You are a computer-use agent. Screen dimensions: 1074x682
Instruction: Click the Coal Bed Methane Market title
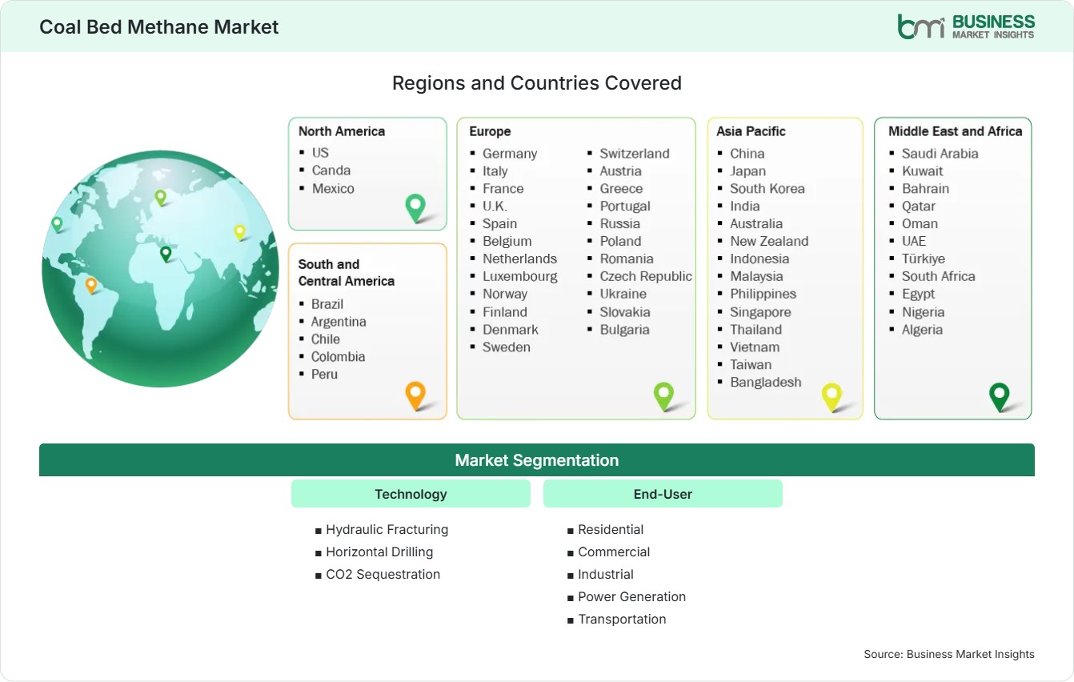[158, 27]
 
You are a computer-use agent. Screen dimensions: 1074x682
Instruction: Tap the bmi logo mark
[921, 26]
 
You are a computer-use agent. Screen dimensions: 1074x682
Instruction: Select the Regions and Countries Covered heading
[536, 83]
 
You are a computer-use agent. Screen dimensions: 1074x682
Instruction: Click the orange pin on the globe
[91, 285]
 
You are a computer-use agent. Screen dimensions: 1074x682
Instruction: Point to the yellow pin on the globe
[239, 232]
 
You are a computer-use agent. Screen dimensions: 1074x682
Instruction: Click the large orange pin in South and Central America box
[415, 395]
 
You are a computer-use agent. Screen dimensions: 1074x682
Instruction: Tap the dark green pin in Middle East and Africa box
[1000, 396]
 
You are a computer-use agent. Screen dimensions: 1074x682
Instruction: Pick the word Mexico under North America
[333, 188]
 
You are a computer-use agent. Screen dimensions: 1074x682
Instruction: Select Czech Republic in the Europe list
[646, 276]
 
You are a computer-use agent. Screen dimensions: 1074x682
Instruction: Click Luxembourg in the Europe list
[519, 276]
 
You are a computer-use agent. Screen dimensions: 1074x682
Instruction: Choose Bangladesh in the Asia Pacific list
[766, 383]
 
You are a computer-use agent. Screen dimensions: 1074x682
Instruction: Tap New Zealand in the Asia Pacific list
[769, 241]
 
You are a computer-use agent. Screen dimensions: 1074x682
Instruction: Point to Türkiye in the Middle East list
[924, 259]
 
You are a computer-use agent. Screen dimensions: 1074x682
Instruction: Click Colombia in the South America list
[338, 357]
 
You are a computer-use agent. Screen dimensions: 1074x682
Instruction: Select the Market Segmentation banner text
[536, 460]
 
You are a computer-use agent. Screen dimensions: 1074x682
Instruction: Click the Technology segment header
[411, 494]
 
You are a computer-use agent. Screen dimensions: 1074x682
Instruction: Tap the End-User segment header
[663, 494]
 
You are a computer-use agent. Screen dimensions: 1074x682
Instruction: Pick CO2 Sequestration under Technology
[383, 574]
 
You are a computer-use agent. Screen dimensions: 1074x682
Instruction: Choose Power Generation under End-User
[632, 596]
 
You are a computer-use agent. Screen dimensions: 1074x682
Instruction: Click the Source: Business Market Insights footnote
[949, 654]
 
